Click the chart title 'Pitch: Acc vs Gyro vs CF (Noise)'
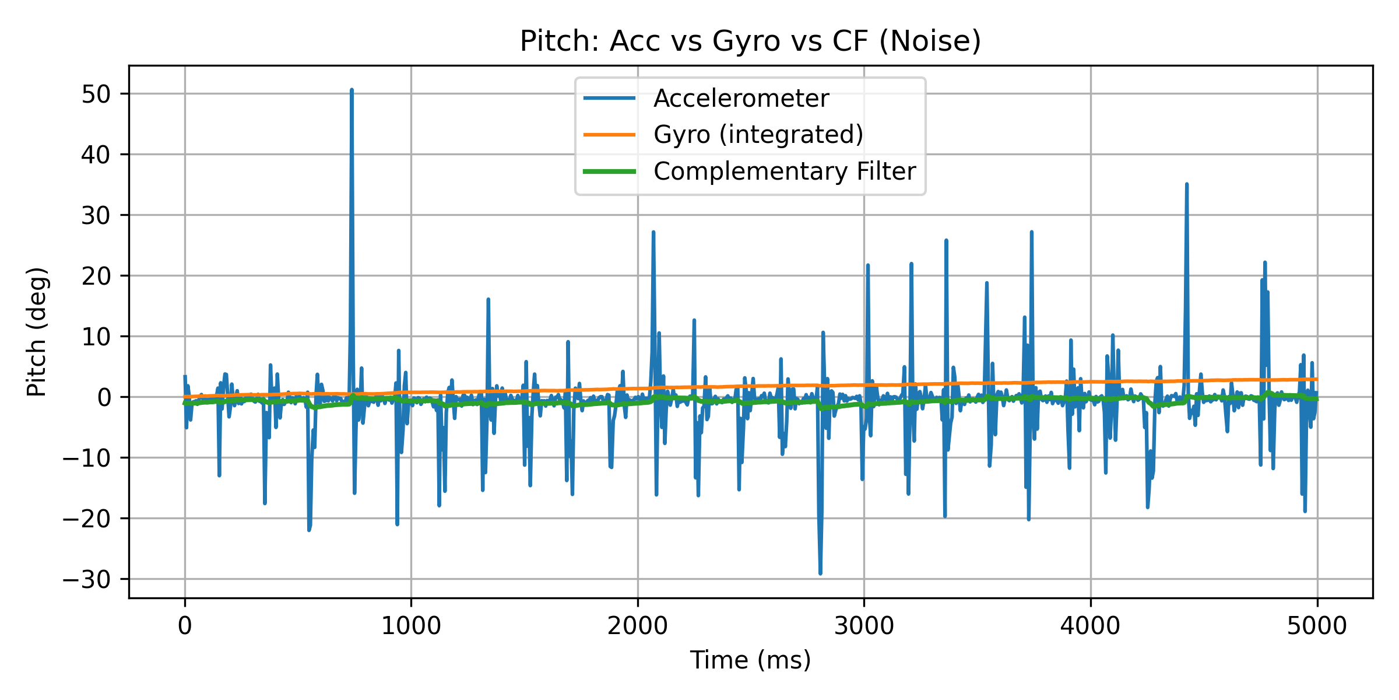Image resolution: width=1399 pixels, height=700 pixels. coord(750,41)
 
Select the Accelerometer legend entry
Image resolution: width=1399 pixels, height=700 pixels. coord(741,98)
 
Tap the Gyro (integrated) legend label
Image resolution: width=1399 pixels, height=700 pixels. coord(758,135)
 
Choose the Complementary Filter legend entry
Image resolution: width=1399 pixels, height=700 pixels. coord(784,171)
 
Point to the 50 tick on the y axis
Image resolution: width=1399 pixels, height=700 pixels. coord(96,94)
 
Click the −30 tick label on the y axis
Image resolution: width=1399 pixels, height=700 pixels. coord(87,579)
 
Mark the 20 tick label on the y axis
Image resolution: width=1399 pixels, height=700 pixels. coord(96,276)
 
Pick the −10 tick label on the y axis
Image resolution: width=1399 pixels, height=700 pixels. coord(87,458)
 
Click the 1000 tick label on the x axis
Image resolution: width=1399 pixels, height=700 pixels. coord(411,626)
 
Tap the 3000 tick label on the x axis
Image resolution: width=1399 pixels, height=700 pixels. coord(864,626)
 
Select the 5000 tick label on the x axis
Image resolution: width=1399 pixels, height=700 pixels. coord(1317,626)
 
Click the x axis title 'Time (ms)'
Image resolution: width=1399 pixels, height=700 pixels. coord(750,660)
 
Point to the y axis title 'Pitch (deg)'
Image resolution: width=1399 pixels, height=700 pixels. coord(37,331)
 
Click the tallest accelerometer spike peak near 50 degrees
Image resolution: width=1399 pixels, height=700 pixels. coord(351,90)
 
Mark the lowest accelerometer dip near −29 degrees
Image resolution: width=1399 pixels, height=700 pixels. coord(820,573)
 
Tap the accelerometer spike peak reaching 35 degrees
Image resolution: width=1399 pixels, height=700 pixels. coord(1187,184)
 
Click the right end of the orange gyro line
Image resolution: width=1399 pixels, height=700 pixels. coord(1316,379)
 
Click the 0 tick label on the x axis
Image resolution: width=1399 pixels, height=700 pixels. coord(185,626)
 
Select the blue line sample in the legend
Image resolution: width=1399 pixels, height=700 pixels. coord(609,98)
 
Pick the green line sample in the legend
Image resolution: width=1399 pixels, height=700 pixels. coord(609,171)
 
